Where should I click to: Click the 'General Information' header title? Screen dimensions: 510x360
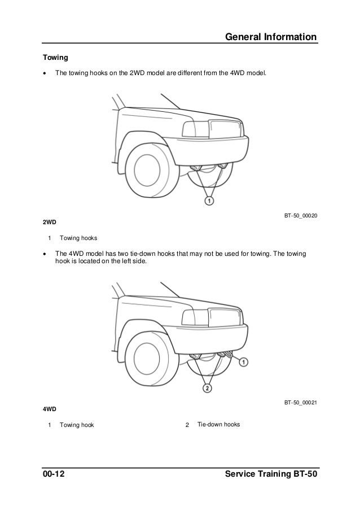click(270, 37)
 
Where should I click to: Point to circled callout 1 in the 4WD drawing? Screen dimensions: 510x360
click(243, 361)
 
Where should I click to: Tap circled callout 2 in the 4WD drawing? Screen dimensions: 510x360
click(208, 389)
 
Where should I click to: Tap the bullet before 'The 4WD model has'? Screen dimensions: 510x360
click(45, 254)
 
